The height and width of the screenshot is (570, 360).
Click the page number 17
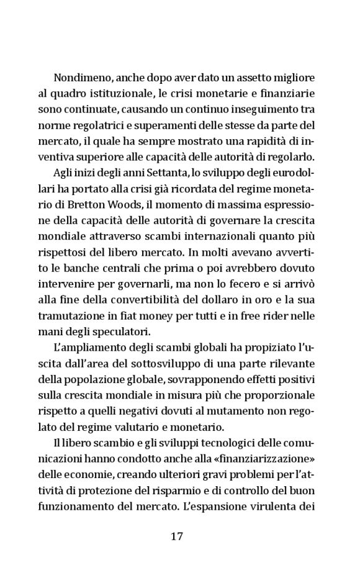click(x=177, y=536)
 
